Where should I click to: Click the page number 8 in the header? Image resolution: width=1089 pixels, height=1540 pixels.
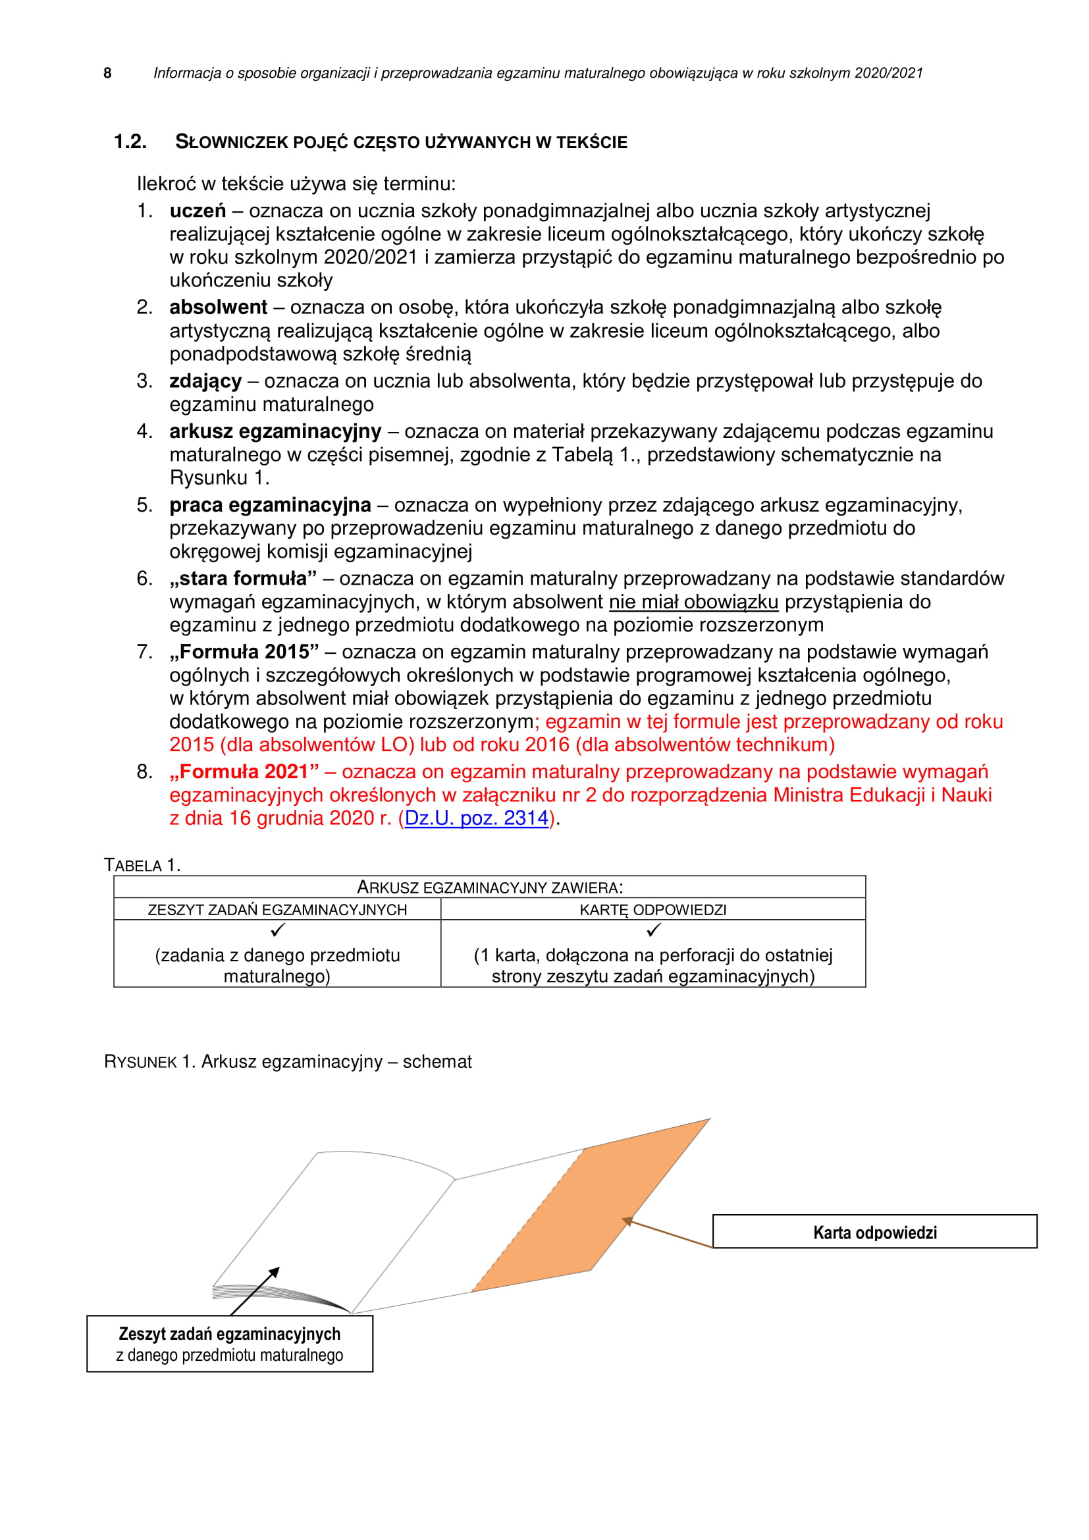pyautogui.click(x=107, y=73)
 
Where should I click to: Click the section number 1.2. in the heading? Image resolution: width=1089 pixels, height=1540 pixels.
pyautogui.click(x=130, y=142)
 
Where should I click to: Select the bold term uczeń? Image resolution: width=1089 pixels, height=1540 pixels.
pyautogui.click(x=198, y=211)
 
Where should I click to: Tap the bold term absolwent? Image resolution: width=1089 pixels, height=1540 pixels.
pyautogui.click(x=218, y=308)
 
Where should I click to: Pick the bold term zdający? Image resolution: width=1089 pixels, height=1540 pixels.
pyautogui.click(x=205, y=382)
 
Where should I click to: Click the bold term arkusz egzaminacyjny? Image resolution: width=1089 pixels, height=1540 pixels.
pyautogui.click(x=275, y=432)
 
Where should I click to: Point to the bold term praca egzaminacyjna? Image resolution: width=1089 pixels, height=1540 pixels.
pyautogui.click(x=270, y=506)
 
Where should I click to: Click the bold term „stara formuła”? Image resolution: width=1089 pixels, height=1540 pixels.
pyautogui.click(x=243, y=579)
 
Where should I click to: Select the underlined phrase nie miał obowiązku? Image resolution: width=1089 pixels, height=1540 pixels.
pyautogui.click(x=693, y=602)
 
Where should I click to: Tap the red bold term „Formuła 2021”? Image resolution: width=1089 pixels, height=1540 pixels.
pyautogui.click(x=244, y=772)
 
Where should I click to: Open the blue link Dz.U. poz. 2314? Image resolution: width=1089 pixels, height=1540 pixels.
pyautogui.click(x=477, y=819)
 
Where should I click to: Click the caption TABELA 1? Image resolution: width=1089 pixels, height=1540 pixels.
pyautogui.click(x=142, y=866)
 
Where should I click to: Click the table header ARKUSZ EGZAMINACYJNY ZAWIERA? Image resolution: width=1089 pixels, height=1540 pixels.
pyautogui.click(x=489, y=888)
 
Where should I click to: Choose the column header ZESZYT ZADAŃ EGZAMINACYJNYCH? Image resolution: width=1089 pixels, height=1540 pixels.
pyautogui.click(x=277, y=910)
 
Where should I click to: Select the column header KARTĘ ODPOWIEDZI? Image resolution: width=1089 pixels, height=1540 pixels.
pyautogui.click(x=652, y=910)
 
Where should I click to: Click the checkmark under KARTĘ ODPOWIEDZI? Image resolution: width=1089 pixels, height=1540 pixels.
pyautogui.click(x=654, y=930)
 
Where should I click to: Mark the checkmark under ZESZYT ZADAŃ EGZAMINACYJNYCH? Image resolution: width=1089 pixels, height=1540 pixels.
pyautogui.click(x=278, y=930)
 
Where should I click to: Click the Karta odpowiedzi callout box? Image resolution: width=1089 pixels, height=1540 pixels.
pyautogui.click(x=874, y=1233)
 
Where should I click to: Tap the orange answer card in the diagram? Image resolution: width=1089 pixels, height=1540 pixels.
pyautogui.click(x=590, y=1208)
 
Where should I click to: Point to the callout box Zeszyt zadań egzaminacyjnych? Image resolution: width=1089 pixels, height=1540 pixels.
pyautogui.click(x=229, y=1344)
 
